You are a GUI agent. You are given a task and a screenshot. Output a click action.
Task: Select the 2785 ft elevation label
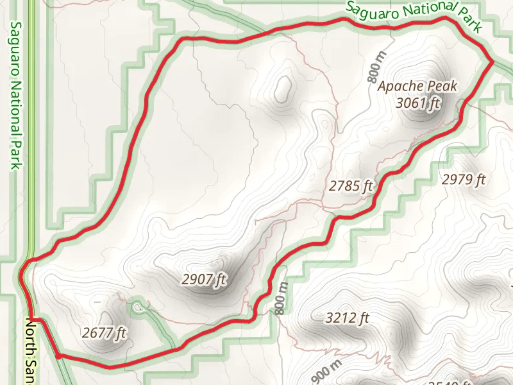coord(351,187)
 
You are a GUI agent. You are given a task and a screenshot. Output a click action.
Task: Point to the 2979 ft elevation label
coord(464,180)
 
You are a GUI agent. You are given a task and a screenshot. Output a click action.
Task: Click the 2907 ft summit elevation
coord(205,280)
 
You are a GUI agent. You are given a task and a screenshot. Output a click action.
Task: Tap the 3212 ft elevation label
coord(348,318)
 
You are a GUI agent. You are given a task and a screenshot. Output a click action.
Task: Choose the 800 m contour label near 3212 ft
coord(280,298)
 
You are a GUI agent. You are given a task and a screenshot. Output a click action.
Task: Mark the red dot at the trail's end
coord(58,355)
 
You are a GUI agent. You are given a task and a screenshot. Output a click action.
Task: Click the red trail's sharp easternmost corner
coord(492,62)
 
